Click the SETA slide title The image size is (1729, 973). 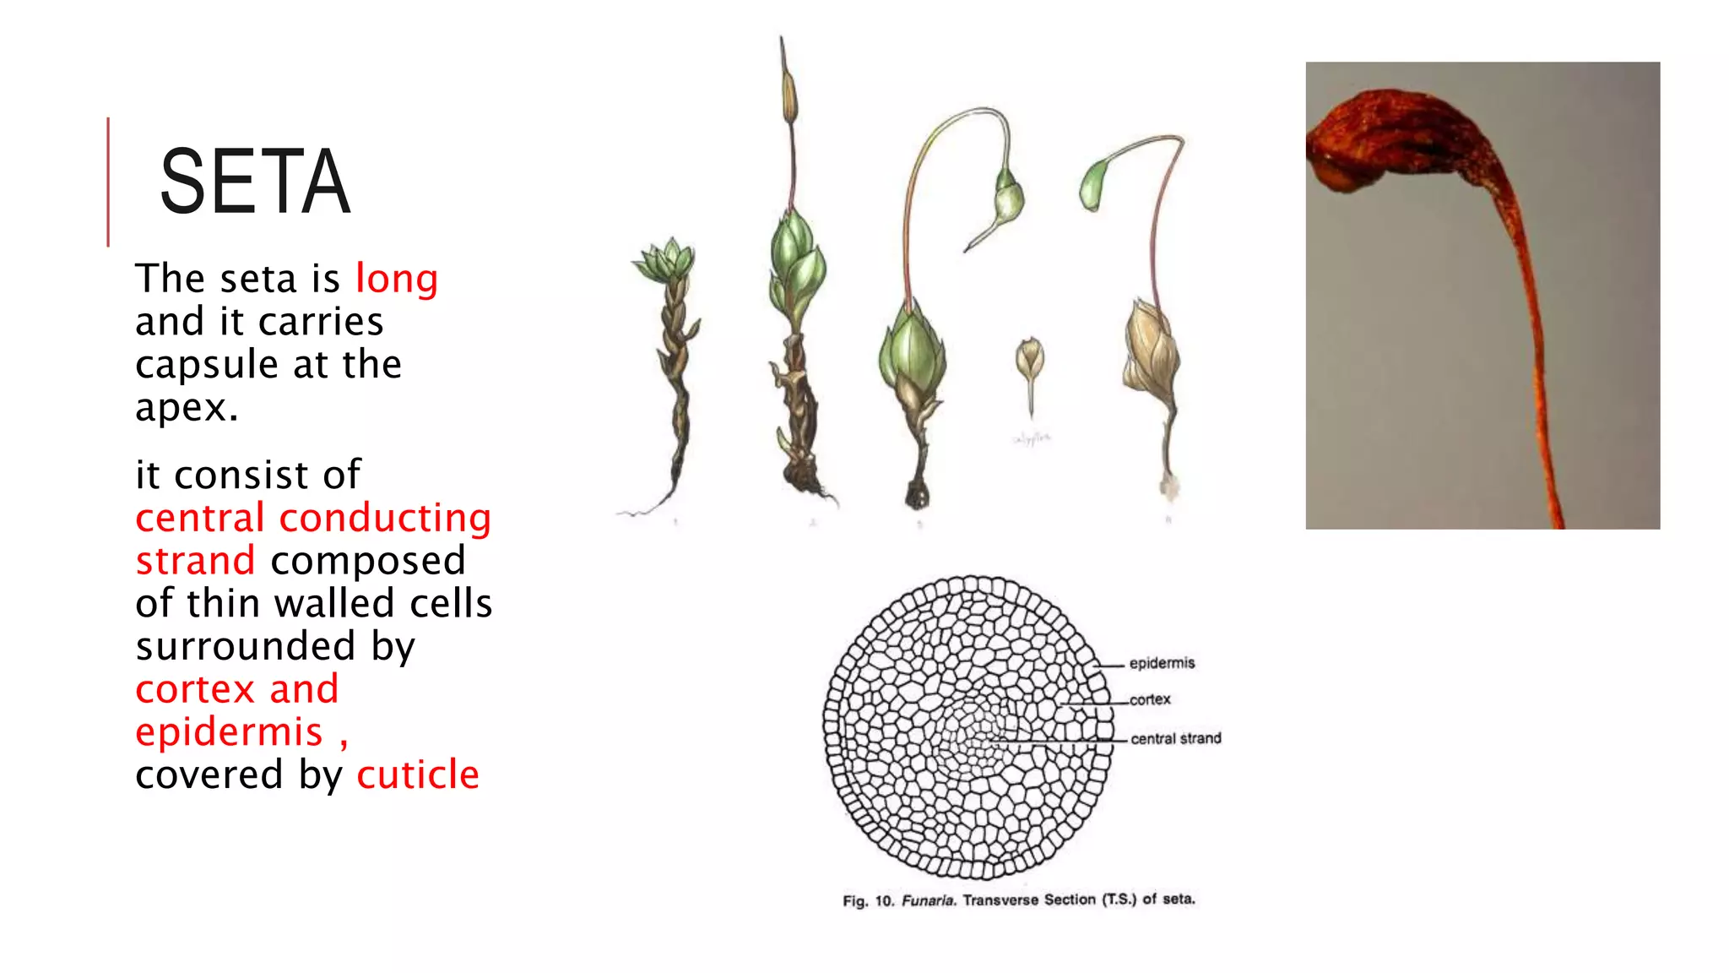click(254, 182)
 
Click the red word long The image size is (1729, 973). click(396, 280)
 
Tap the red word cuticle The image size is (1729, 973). click(417, 775)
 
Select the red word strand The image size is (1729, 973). click(195, 561)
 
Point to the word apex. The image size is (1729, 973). click(186, 409)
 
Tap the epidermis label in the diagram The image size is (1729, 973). click(1162, 664)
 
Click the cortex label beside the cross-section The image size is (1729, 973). click(1150, 700)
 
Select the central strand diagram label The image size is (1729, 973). click(1175, 739)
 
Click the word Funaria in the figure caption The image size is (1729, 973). click(928, 900)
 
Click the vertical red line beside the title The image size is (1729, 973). click(108, 182)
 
